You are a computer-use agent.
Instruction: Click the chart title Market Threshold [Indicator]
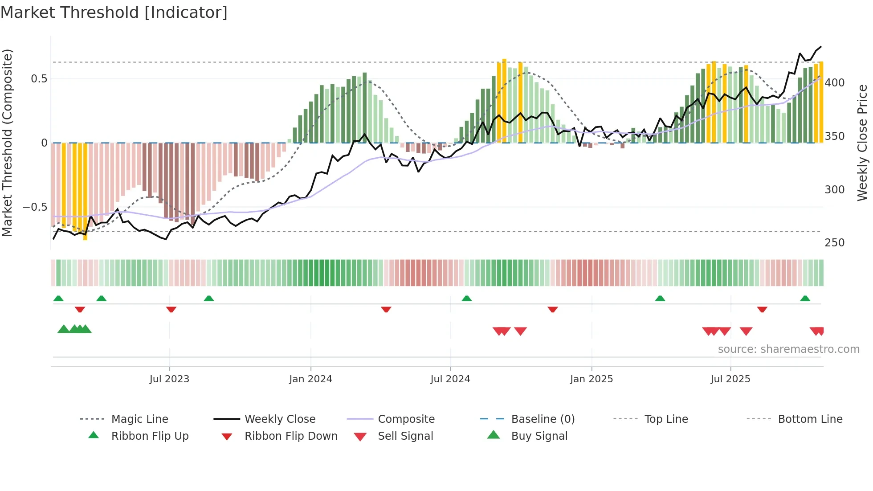pos(114,12)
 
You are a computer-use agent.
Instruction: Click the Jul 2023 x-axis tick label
pos(169,379)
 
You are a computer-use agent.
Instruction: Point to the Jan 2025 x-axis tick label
pos(592,379)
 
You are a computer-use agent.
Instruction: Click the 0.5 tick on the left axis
pos(39,79)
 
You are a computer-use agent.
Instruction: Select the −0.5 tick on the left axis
pos(35,207)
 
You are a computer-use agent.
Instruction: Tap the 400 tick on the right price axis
pos(835,83)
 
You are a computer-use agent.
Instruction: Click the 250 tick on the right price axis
pos(835,243)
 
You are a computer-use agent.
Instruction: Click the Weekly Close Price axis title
pos(863,143)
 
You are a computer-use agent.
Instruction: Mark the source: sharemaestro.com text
pos(788,349)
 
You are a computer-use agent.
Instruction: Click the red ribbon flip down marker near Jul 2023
pos(171,309)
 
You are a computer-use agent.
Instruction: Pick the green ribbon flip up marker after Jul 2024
pos(466,299)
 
